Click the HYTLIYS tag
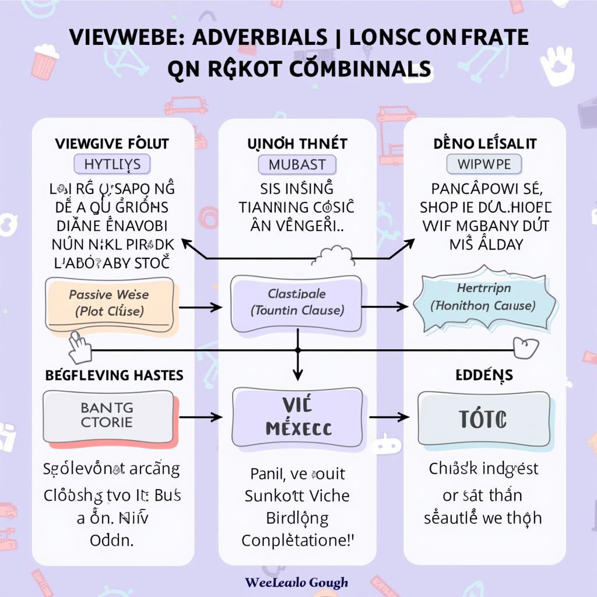tap(112, 164)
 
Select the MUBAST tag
tap(297, 164)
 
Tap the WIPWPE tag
tap(484, 164)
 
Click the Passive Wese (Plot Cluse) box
tap(110, 303)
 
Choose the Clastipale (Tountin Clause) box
tap(297, 302)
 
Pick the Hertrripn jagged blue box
tap(483, 297)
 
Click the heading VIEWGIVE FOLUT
tap(111, 143)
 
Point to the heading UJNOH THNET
tap(297, 143)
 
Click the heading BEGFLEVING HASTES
tap(114, 375)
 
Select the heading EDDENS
tap(484, 375)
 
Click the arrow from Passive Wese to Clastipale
tap(200, 307)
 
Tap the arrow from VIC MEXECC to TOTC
tap(389, 417)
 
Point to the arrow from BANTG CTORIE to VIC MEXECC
tap(200, 417)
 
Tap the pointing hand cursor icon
tap(80, 347)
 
